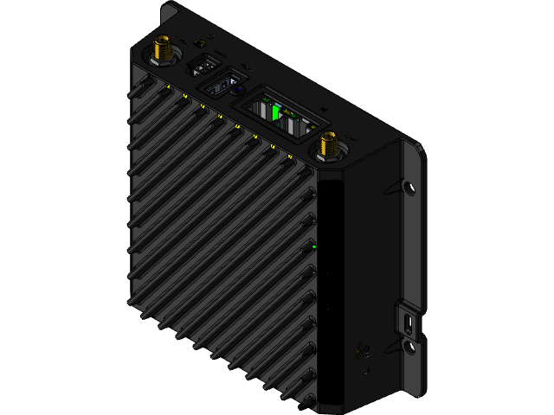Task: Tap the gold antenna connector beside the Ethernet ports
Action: (x=329, y=145)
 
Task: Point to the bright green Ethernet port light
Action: (x=276, y=112)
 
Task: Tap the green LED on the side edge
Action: (x=313, y=247)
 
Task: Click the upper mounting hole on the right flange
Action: (x=409, y=186)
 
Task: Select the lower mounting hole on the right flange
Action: (x=408, y=348)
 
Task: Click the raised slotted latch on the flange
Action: (x=407, y=321)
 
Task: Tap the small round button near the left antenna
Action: (x=201, y=42)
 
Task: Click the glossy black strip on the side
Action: (x=330, y=285)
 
